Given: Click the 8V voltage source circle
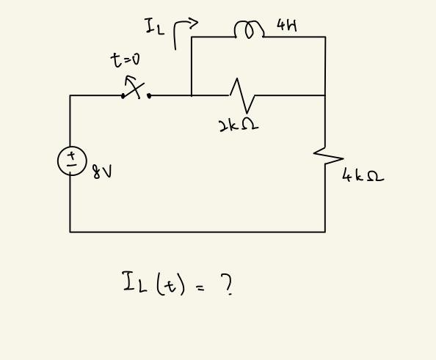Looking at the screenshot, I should tap(72, 161).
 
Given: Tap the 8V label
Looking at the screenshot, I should tap(102, 172).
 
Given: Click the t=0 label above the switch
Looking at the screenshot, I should tap(126, 61).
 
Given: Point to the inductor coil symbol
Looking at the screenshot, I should tap(248, 30).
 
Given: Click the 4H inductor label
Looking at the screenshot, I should tap(287, 26).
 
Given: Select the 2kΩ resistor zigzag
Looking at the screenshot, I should tap(241, 95).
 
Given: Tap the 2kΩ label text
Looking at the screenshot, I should tap(239, 125).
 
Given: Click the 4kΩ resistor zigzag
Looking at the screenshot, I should tap(328, 155).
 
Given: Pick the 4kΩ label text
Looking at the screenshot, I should tap(363, 176).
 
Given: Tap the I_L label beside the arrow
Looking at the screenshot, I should tap(154, 28).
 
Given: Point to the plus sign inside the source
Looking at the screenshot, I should tap(72, 155).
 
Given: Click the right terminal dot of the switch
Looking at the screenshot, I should tap(149, 95).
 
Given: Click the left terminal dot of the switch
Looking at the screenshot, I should tap(123, 95).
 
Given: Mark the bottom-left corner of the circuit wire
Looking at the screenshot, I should tap(70, 232).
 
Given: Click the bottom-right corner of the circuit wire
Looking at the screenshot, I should tap(325, 232).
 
